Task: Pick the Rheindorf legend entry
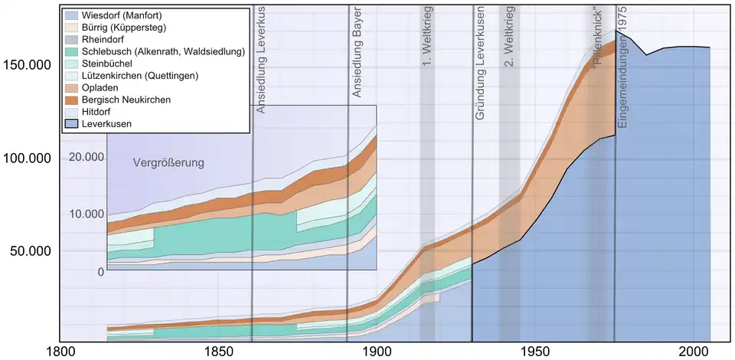[108, 40]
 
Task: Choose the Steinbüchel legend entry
[112, 63]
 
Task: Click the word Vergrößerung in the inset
[169, 162]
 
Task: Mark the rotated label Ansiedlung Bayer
[357, 54]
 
